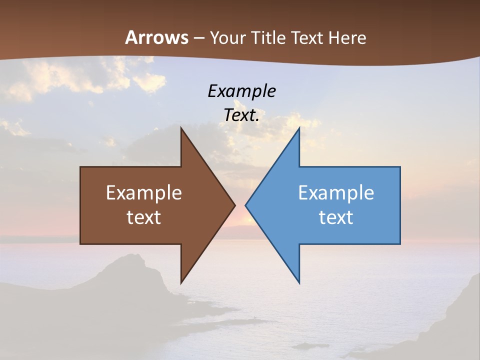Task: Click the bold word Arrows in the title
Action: click(156, 37)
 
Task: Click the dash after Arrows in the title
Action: click(198, 38)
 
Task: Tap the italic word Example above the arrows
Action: click(241, 91)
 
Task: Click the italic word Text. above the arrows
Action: click(241, 115)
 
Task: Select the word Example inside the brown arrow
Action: click(144, 193)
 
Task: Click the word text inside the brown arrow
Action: click(144, 217)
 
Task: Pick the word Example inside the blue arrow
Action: click(336, 193)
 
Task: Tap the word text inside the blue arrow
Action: click(336, 217)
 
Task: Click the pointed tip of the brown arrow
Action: click(234, 205)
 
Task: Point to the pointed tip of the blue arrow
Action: click(246, 205)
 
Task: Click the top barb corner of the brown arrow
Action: click(181, 128)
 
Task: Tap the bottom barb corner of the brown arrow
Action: click(181, 282)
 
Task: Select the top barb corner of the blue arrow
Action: click(299, 128)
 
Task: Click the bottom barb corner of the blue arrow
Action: click(299, 282)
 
